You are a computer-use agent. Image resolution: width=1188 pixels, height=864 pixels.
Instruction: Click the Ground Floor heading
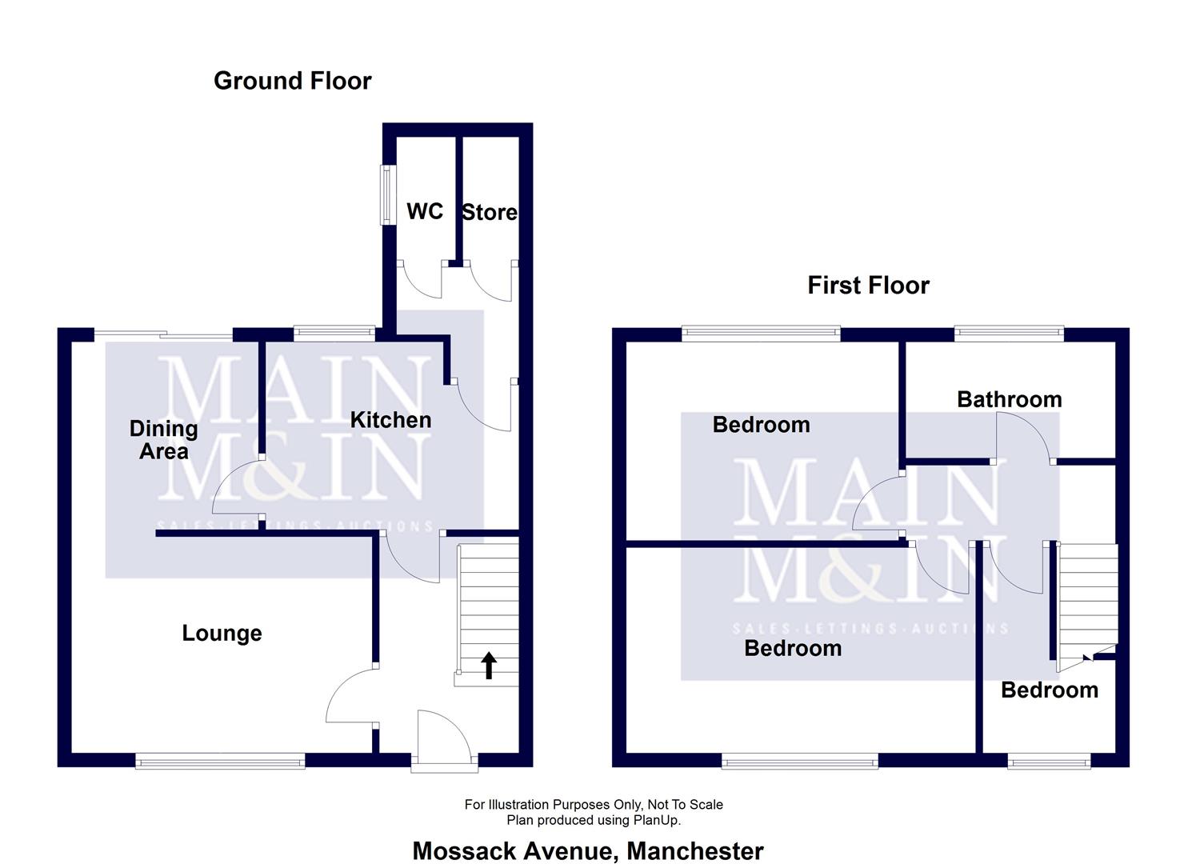292,81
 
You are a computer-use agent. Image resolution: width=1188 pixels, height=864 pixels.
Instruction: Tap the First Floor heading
868,286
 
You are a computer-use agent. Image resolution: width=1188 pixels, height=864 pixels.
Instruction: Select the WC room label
425,211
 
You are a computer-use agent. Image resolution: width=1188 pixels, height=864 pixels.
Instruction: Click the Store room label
490,212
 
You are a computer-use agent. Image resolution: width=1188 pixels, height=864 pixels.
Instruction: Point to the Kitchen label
391,420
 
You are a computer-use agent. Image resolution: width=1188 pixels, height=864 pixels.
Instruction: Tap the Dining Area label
163,440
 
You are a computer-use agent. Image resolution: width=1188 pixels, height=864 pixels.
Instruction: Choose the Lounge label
222,634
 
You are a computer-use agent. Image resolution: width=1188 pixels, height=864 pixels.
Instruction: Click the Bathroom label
1010,399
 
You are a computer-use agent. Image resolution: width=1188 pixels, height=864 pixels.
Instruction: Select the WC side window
388,194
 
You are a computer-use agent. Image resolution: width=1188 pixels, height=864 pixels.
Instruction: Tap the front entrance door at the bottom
445,739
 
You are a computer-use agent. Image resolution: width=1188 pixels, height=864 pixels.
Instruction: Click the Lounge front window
220,761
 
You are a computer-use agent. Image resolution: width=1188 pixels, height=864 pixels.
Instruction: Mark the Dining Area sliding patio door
163,334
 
